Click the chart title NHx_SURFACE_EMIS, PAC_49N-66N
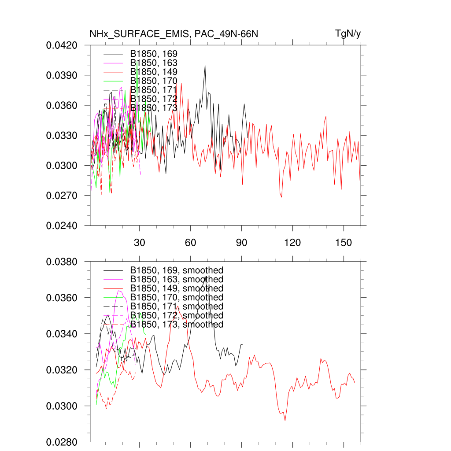(x=173, y=33)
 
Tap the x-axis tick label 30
(x=140, y=243)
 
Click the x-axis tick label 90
(x=241, y=243)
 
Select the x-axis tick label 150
(x=344, y=243)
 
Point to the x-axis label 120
(x=292, y=243)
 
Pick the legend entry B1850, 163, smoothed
(x=177, y=279)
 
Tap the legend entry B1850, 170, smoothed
(x=177, y=297)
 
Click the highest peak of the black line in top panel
(x=205, y=65)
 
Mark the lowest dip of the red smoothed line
(x=285, y=421)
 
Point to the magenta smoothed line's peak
(x=119, y=291)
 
